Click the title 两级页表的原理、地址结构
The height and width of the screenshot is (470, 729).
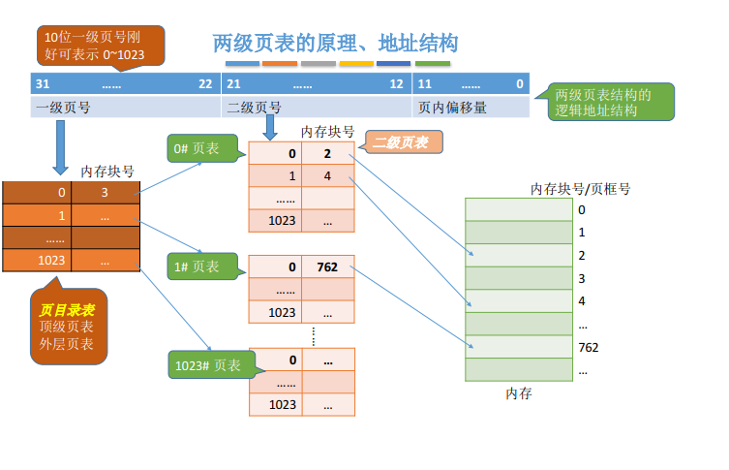pyautogui.click(x=335, y=44)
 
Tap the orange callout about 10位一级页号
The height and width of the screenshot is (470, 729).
pyautogui.click(x=101, y=46)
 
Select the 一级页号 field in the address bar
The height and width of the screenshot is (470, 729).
pyautogui.click(x=63, y=108)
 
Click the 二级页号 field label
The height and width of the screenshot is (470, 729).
pyautogui.click(x=254, y=108)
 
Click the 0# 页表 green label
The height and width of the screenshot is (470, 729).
pyautogui.click(x=202, y=148)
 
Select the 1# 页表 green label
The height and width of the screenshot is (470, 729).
pyautogui.click(x=202, y=266)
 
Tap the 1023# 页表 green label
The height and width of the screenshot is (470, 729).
pyautogui.click(x=212, y=364)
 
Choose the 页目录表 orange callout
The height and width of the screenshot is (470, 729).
pyautogui.click(x=69, y=326)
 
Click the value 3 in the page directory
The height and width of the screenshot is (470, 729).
pyautogui.click(x=106, y=193)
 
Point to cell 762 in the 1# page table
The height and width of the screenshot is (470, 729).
pyautogui.click(x=327, y=266)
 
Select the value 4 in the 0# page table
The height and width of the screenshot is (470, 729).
pyautogui.click(x=327, y=176)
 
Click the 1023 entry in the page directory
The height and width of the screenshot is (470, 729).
pyautogui.click(x=51, y=260)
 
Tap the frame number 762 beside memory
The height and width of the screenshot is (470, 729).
pyautogui.click(x=588, y=347)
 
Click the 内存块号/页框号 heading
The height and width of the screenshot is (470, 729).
pyautogui.click(x=580, y=189)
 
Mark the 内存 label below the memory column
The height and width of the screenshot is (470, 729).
pyautogui.click(x=519, y=393)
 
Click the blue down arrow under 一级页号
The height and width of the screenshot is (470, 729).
pyautogui.click(x=60, y=147)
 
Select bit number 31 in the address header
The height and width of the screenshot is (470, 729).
pyautogui.click(x=43, y=83)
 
